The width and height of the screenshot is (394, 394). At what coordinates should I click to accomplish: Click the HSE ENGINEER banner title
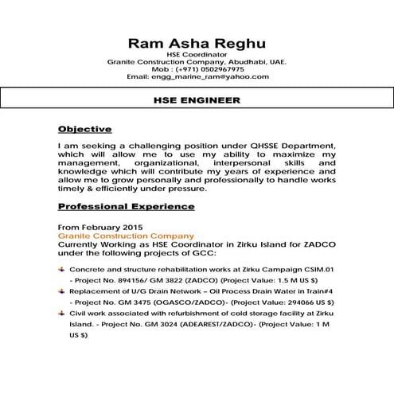(x=197, y=101)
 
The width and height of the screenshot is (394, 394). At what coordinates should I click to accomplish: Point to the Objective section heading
(x=85, y=129)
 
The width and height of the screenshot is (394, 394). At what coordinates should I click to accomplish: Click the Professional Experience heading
(x=127, y=206)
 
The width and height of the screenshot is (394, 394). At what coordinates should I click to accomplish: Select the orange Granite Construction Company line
(x=126, y=236)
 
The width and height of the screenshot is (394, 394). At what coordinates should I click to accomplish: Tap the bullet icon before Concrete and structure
(x=63, y=272)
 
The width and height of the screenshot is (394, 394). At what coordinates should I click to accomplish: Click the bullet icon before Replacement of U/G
(x=63, y=294)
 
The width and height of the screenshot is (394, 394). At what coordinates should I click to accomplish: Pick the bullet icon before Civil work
(x=63, y=314)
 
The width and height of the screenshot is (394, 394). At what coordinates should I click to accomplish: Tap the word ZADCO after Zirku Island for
(x=295, y=244)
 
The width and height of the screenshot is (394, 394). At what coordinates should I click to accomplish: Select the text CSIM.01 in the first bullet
(x=319, y=272)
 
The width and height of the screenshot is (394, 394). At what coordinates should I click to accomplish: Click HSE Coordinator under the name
(x=197, y=54)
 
